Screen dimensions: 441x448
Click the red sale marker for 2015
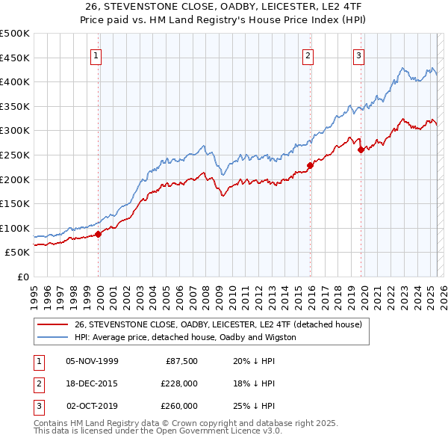pos(310,165)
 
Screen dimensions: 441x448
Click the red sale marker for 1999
pos(98,234)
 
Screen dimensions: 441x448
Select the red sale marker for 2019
pos(361,149)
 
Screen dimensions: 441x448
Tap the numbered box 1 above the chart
pos(96,54)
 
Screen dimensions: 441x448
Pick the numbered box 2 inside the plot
pos(308,54)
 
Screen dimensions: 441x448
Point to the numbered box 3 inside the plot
pos(358,54)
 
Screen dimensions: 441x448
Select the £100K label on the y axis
pos(16,228)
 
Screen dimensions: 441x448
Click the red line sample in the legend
pos(52,324)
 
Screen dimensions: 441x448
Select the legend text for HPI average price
pos(185,337)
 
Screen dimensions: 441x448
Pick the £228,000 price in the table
pos(178,383)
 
